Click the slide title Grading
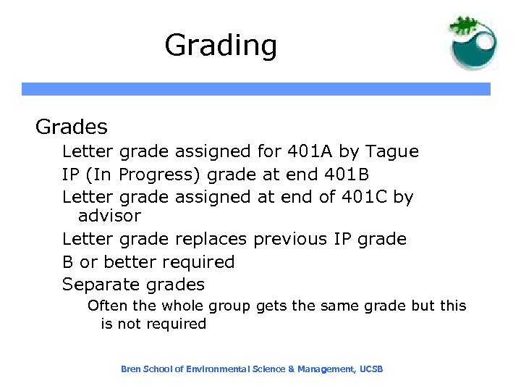(x=221, y=46)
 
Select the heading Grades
(x=72, y=127)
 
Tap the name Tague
(x=392, y=152)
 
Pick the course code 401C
(x=363, y=197)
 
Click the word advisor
(x=109, y=216)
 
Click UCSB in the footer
(x=370, y=369)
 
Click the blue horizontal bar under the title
(x=256, y=89)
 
